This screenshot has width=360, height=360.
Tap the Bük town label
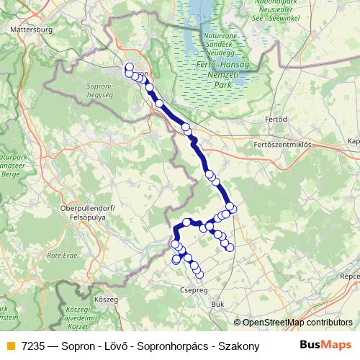pyautogui.click(x=217, y=304)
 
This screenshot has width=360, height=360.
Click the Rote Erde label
pyautogui.click(x=61, y=255)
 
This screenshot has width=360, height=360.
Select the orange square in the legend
pyautogui.click(x=9, y=346)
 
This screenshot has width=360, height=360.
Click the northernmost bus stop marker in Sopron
pyautogui.click(x=129, y=67)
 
